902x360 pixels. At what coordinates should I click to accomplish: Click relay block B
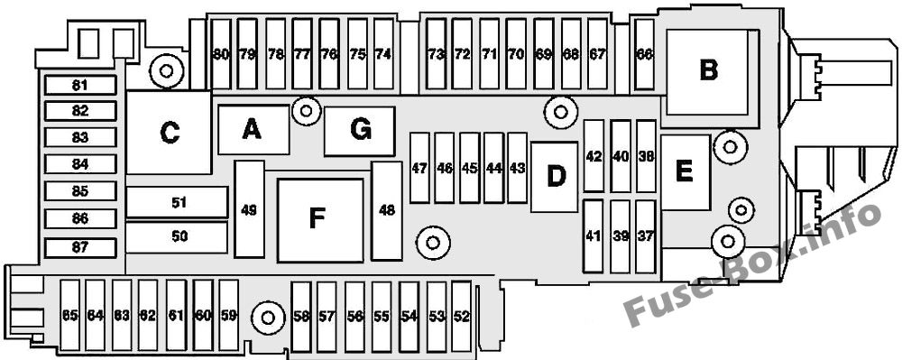(707, 72)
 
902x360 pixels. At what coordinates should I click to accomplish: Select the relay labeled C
(170, 133)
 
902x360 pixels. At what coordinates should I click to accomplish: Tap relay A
(253, 130)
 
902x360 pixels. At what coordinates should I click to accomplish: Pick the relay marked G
(360, 131)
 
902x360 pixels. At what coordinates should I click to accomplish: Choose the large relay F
(320, 220)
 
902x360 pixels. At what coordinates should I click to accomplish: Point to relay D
(555, 177)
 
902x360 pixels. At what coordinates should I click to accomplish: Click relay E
(685, 172)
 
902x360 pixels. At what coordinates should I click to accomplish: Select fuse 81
(80, 86)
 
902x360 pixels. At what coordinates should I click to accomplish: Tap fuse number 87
(80, 248)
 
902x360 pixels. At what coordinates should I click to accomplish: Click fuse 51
(177, 202)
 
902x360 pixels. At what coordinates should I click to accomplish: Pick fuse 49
(249, 209)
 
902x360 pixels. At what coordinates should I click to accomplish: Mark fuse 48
(387, 210)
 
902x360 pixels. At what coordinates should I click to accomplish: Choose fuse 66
(644, 55)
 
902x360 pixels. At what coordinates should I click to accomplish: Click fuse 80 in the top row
(221, 55)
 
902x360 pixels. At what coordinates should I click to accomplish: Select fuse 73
(437, 55)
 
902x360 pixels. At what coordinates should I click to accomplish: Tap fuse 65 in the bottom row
(69, 315)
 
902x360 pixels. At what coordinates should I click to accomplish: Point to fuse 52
(461, 316)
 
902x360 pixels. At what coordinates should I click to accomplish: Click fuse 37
(646, 236)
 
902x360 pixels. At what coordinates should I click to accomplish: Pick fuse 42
(594, 156)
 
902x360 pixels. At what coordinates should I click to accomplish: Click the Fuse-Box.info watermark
(753, 264)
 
